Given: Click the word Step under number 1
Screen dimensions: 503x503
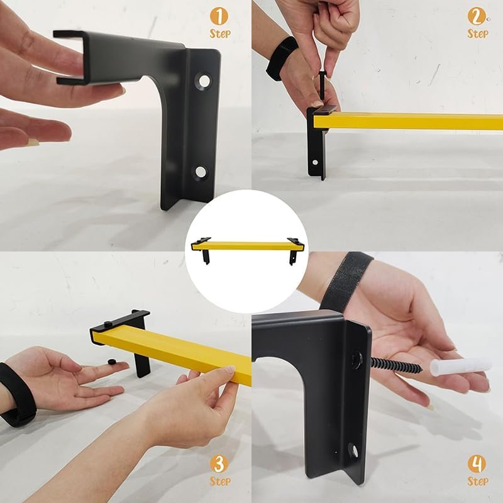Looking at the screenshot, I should pyautogui.click(x=219, y=33).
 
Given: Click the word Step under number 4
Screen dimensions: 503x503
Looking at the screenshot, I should pyautogui.click(x=477, y=482).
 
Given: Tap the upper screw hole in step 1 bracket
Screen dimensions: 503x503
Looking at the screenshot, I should pyautogui.click(x=202, y=79).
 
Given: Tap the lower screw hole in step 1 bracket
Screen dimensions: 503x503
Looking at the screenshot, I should pyautogui.click(x=201, y=171).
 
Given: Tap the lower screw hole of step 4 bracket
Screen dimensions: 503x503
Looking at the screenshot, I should pyautogui.click(x=354, y=450).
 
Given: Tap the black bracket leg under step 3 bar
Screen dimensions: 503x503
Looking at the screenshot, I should pyautogui.click(x=143, y=365).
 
